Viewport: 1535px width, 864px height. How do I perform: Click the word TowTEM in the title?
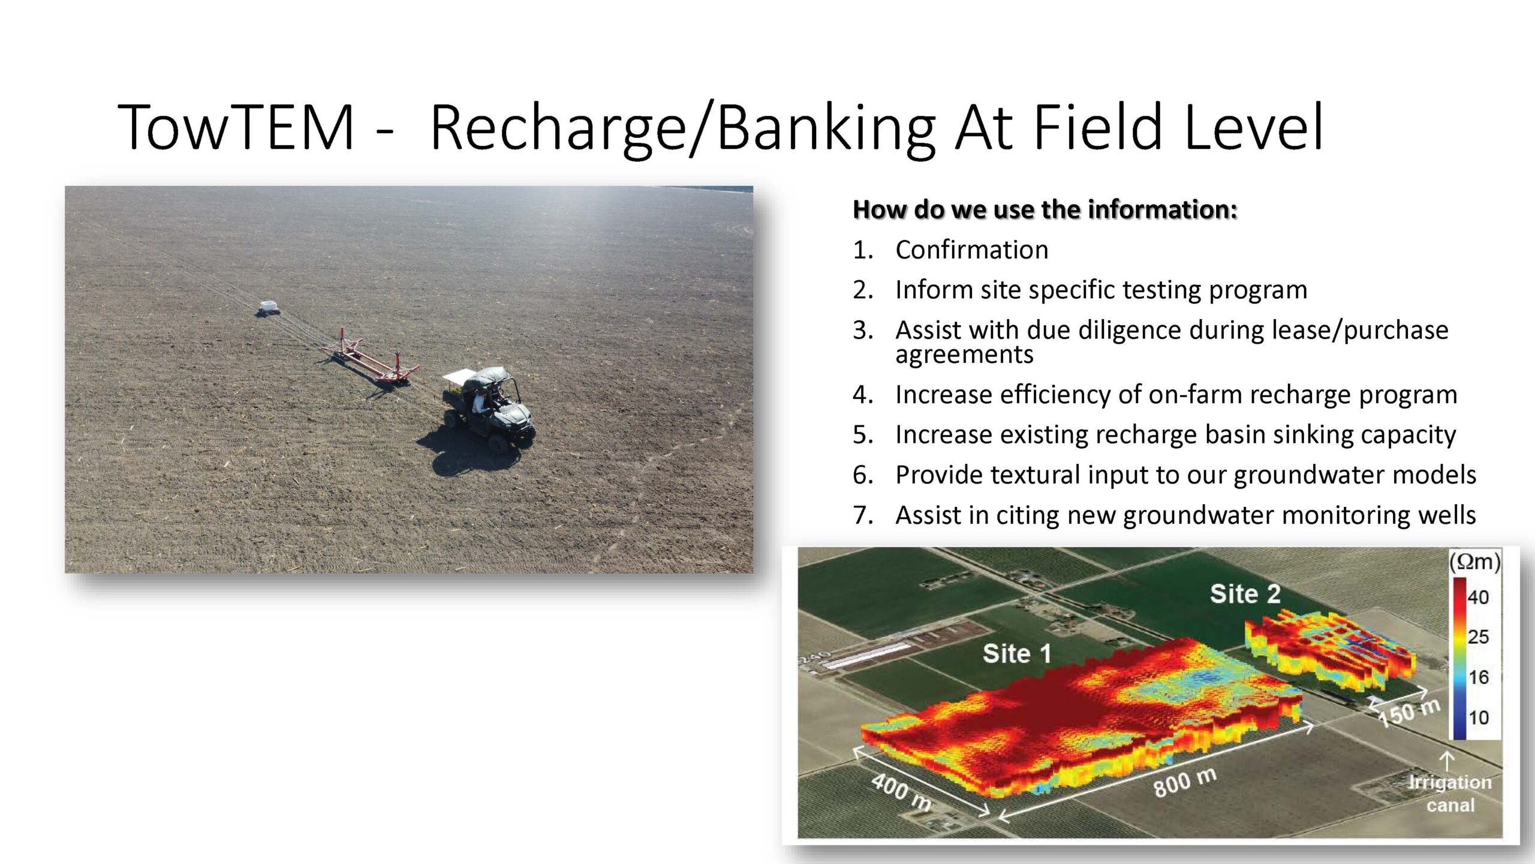coord(236,127)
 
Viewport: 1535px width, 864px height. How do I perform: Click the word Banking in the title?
coord(826,129)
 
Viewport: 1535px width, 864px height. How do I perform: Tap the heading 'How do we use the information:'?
coord(1045,209)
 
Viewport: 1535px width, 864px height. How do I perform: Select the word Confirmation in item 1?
coord(972,250)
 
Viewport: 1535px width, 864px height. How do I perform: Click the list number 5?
coord(863,434)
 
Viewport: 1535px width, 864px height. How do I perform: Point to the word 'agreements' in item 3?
coord(964,355)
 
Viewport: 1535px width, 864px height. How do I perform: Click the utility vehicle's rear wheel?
coord(498,443)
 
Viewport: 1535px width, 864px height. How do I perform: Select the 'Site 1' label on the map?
coord(1017,653)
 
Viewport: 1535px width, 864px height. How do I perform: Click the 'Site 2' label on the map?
coord(1245,594)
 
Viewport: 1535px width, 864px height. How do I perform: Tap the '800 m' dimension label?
coord(1185,782)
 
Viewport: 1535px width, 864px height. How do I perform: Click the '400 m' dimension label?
coord(901,791)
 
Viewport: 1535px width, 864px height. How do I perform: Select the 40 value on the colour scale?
coord(1478,597)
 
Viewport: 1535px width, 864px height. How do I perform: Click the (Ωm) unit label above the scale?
coord(1474,562)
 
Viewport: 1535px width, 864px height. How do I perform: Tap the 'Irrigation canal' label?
coord(1449,793)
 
